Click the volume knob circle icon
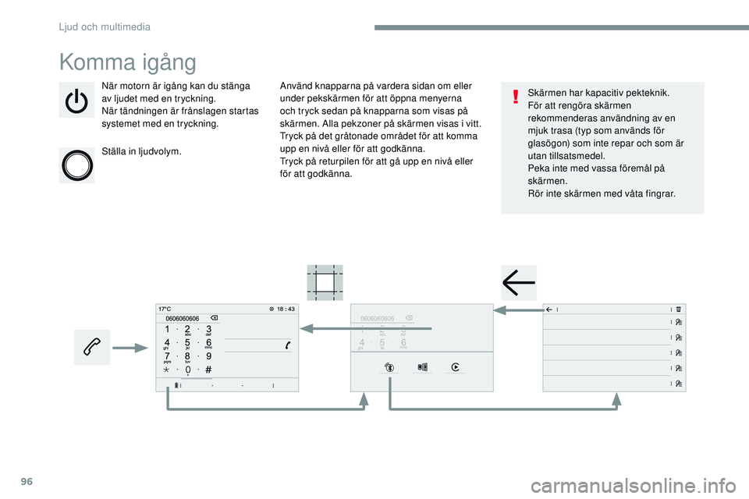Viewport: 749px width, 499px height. point(76,165)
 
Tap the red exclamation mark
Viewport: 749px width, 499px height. point(516,97)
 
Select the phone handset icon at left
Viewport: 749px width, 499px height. point(92,347)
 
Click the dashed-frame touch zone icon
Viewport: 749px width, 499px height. point(324,282)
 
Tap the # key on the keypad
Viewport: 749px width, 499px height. point(209,370)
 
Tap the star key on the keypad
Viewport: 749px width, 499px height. point(167,370)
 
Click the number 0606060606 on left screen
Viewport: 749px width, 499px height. point(183,318)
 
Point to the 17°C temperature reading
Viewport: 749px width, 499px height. point(165,309)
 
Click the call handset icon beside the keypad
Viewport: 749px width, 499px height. point(288,345)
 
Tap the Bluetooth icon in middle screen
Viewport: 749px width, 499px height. point(389,367)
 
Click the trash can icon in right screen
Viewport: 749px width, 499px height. point(679,309)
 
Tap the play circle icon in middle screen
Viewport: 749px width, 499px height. point(455,367)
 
